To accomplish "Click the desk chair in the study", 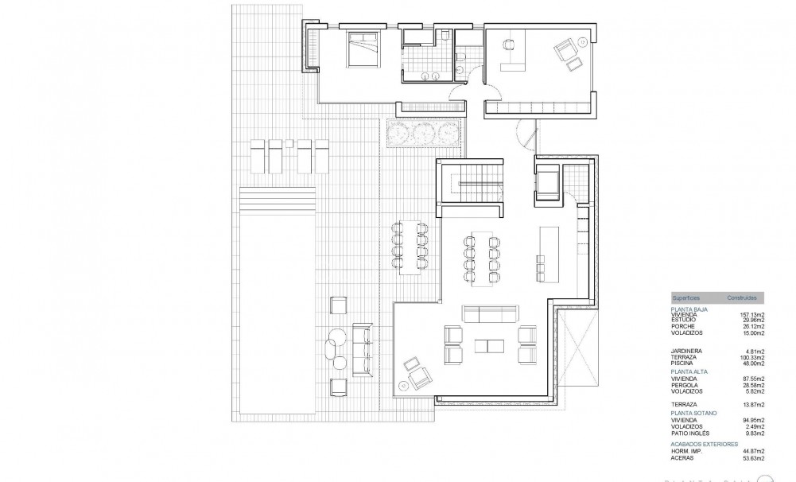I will [507, 46].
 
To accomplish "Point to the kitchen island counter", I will [547, 248].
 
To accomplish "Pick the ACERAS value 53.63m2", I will [751, 459].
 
